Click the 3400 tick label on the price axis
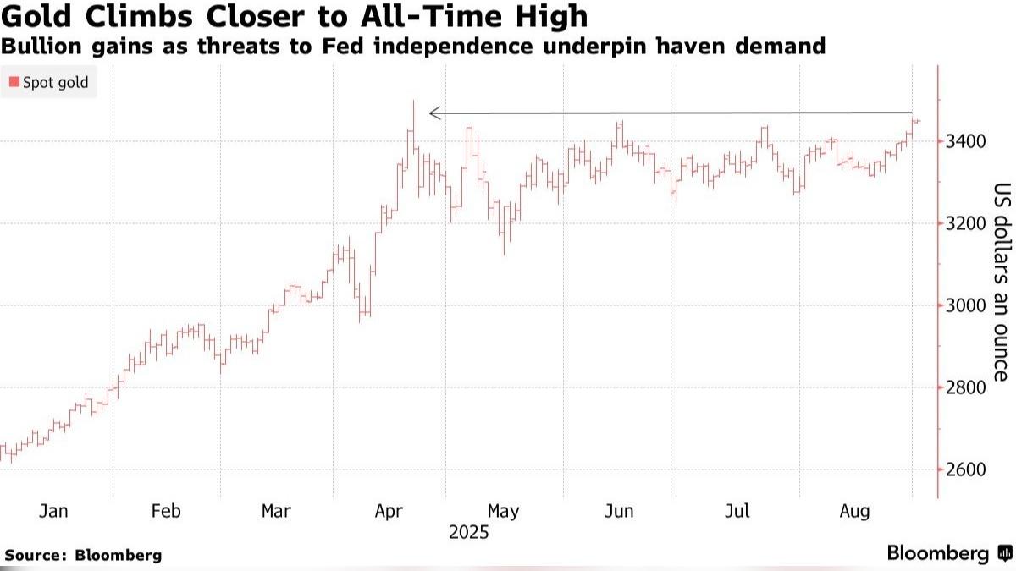coord(964,140)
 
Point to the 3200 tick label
coord(964,223)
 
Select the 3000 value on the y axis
coord(964,305)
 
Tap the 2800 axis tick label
coord(964,387)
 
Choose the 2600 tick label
coord(964,470)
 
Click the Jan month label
coord(53,511)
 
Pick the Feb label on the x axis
coord(165,511)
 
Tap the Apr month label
coord(389,511)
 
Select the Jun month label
coord(620,511)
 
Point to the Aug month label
coord(853,511)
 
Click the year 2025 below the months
coord(469,533)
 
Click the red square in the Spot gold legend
coord(14,82)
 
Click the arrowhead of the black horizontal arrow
coord(433,113)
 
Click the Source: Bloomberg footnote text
coord(83,556)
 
